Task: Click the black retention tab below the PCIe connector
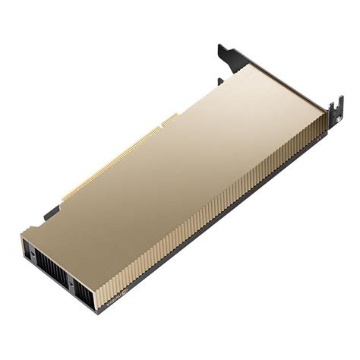coord(51,212)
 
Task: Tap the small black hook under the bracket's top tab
coord(220,81)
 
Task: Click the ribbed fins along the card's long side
coord(228,220)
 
